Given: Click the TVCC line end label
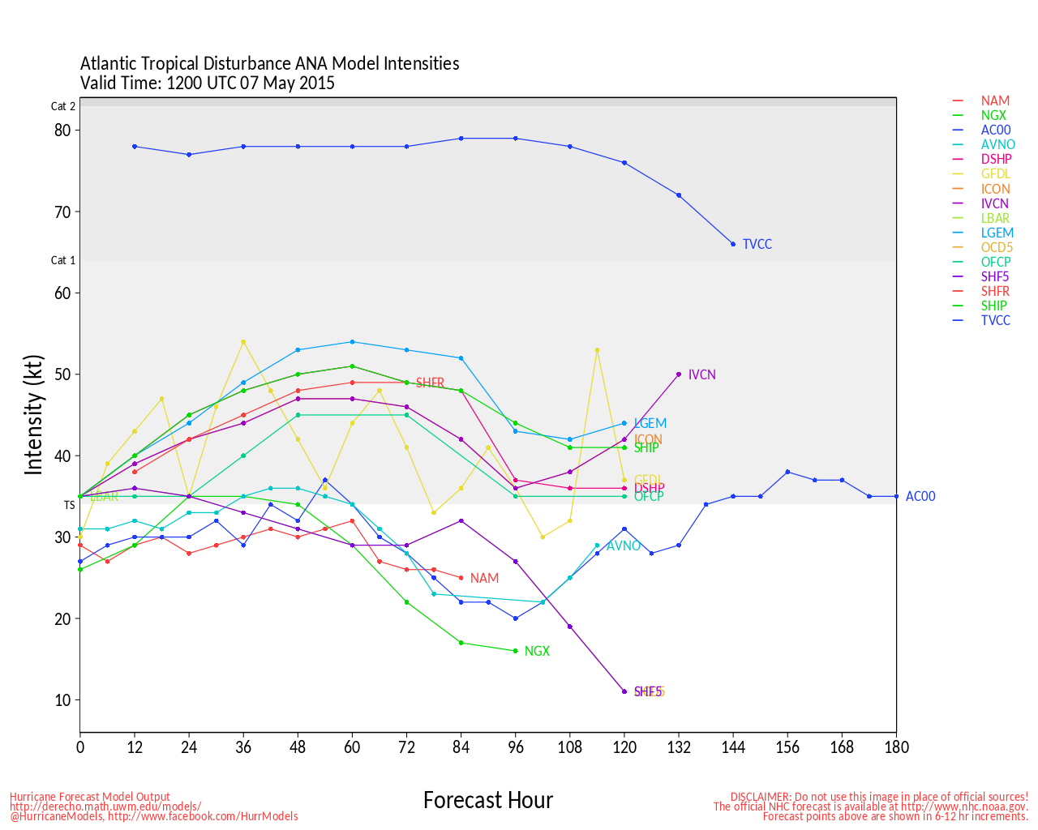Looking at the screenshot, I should click(757, 244).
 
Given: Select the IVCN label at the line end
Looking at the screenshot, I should click(701, 374).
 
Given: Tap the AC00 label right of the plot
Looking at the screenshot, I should click(920, 496).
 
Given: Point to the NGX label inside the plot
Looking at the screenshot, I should click(537, 651).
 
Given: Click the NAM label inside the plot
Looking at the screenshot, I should click(484, 578).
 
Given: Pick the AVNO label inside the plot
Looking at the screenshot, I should click(623, 545).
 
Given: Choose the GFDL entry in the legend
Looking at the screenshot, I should click(995, 174).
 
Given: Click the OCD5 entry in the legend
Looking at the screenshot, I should click(997, 247).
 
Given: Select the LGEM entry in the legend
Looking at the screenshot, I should click(997, 233).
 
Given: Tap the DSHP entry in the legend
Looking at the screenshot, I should click(996, 160).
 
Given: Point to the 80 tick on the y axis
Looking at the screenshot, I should click(62, 130).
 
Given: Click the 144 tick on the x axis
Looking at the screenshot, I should click(733, 747).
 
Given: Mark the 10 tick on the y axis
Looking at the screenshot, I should click(62, 700).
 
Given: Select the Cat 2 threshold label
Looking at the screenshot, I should click(63, 106).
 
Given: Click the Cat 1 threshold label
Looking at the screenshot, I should click(63, 260).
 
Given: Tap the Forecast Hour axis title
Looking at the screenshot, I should click(487, 800).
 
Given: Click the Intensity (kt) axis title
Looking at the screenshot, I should click(33, 414).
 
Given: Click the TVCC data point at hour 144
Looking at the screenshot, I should click(733, 244).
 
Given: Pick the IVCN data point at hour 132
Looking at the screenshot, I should click(679, 374).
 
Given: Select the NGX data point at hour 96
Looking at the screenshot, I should click(515, 651).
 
